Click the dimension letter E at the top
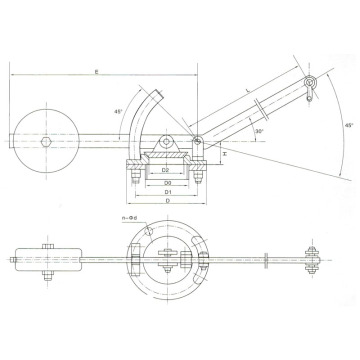tap(96, 72)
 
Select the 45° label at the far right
tap(346, 127)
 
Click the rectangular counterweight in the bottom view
tap(48, 258)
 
